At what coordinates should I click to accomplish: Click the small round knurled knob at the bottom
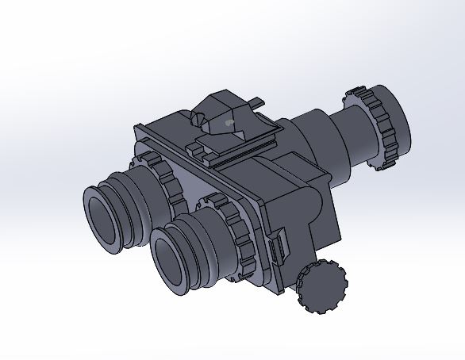322,285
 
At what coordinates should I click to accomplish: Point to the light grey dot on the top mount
229,123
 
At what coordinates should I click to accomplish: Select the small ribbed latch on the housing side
277,250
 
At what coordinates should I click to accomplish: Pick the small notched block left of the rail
196,147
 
